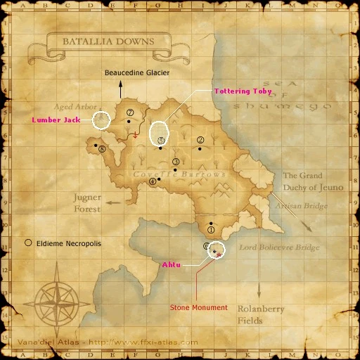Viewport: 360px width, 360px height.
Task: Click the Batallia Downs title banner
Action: point(108,41)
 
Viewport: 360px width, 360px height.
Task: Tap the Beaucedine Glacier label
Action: point(137,72)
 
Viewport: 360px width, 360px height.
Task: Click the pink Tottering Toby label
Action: point(243,91)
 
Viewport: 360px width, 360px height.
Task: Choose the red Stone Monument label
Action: point(199,307)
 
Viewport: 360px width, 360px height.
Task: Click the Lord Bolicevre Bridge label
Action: point(279,247)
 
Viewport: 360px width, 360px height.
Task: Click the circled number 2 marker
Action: point(200,140)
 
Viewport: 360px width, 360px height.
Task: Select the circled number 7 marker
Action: point(129,112)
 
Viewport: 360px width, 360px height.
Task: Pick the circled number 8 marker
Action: point(103,149)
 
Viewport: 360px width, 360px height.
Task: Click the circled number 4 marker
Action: point(152,181)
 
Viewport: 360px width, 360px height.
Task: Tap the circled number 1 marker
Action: point(211,230)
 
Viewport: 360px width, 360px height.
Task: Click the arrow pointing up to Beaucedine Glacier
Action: point(120,89)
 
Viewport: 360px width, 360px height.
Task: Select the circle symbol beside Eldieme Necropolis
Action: point(28,243)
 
